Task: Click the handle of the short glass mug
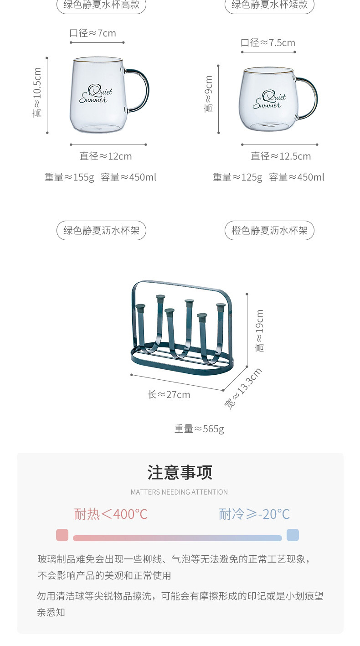click(311, 98)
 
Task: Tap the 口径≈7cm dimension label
click(93, 33)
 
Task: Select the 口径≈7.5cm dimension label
click(268, 43)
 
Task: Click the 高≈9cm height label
click(209, 94)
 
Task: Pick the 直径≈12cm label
click(106, 156)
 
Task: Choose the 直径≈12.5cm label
click(281, 156)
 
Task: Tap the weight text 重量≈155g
click(69, 177)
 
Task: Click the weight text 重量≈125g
click(237, 177)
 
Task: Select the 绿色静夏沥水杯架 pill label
click(101, 231)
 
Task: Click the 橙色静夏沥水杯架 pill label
click(269, 231)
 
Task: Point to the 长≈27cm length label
click(169, 395)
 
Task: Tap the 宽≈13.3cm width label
click(244, 388)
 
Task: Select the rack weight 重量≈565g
click(199, 429)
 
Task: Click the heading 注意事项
click(180, 473)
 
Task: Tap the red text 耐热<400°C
click(111, 514)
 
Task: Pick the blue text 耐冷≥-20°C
click(254, 514)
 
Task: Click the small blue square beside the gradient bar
click(293, 535)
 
